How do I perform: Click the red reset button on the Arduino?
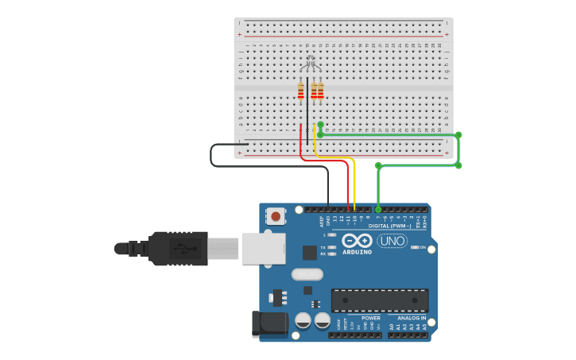(x=276, y=215)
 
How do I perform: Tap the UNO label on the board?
(x=392, y=241)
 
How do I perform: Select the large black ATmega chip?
(x=380, y=300)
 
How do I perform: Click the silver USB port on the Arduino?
(x=262, y=248)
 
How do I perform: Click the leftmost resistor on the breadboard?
(x=300, y=91)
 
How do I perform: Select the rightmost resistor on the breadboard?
(x=320, y=91)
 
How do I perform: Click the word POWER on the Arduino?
(x=370, y=318)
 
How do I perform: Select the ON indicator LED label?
(x=423, y=247)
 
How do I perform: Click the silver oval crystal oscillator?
(x=307, y=274)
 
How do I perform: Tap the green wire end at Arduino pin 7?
(x=378, y=209)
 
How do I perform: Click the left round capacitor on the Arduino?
(x=303, y=320)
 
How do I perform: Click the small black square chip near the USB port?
(x=309, y=253)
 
